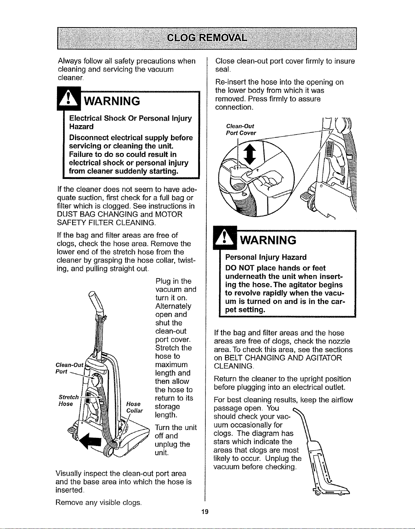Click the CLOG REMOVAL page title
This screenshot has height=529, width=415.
point(207,38)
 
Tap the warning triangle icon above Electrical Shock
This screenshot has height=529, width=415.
point(69,98)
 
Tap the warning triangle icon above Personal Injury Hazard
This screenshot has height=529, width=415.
point(225,238)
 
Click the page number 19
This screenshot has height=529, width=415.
point(205,512)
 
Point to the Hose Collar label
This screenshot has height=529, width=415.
point(134,407)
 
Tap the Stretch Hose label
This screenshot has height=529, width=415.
point(69,401)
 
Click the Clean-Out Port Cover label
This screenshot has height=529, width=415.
point(241,129)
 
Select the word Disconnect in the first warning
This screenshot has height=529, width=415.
point(89,138)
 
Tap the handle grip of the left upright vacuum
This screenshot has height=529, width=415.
point(96,301)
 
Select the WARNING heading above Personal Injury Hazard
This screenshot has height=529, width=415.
point(268,240)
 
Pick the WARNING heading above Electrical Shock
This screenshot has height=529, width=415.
point(112,101)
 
